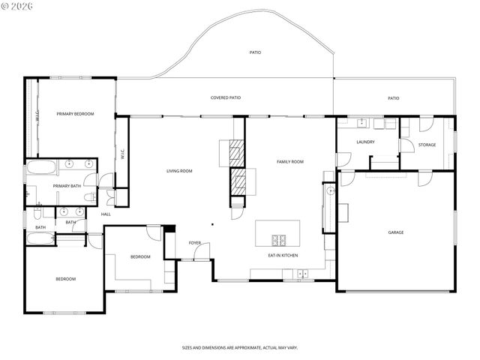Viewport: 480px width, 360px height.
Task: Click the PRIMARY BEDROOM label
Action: (75, 113)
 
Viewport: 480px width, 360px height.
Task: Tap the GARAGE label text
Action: (396, 232)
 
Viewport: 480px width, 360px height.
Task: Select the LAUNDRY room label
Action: (365, 142)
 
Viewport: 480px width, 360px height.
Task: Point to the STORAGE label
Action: (427, 145)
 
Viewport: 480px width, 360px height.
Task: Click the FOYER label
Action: (194, 243)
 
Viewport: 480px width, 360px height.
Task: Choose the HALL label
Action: (106, 214)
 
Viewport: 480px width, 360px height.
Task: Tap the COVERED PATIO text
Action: (225, 97)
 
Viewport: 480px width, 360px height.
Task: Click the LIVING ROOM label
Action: (179, 171)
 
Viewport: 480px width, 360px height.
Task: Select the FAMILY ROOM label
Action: (289, 161)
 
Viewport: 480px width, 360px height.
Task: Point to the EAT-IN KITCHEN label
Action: (283, 256)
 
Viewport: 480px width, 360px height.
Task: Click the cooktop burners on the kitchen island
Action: (278, 240)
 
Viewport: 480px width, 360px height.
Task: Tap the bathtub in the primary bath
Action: (41, 168)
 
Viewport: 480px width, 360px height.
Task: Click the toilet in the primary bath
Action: (89, 197)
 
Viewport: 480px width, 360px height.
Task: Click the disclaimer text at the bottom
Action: (240, 348)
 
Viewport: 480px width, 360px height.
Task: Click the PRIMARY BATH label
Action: (66, 186)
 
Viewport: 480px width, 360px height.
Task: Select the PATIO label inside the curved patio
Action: (255, 52)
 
